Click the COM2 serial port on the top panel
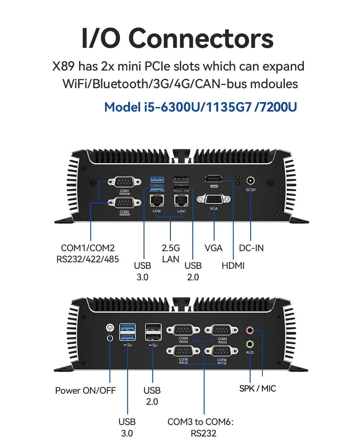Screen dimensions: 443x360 (125, 203)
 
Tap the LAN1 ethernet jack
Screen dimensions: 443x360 (181, 200)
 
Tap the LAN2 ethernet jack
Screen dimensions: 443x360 (157, 200)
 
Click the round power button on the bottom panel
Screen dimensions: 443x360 (110, 328)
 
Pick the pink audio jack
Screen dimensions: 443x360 (249, 330)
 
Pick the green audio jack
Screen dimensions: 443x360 (249, 344)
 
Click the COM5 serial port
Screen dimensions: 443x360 (183, 330)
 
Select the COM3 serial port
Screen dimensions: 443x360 (222, 330)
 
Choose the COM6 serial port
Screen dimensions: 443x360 (183, 351)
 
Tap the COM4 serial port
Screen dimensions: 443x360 (222, 351)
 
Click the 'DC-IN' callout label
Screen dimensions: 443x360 (251, 248)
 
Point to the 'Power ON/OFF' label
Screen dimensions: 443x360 (85, 390)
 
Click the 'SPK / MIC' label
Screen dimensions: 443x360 (258, 389)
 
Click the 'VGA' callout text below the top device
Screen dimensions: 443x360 (213, 248)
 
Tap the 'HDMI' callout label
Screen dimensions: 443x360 (233, 266)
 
